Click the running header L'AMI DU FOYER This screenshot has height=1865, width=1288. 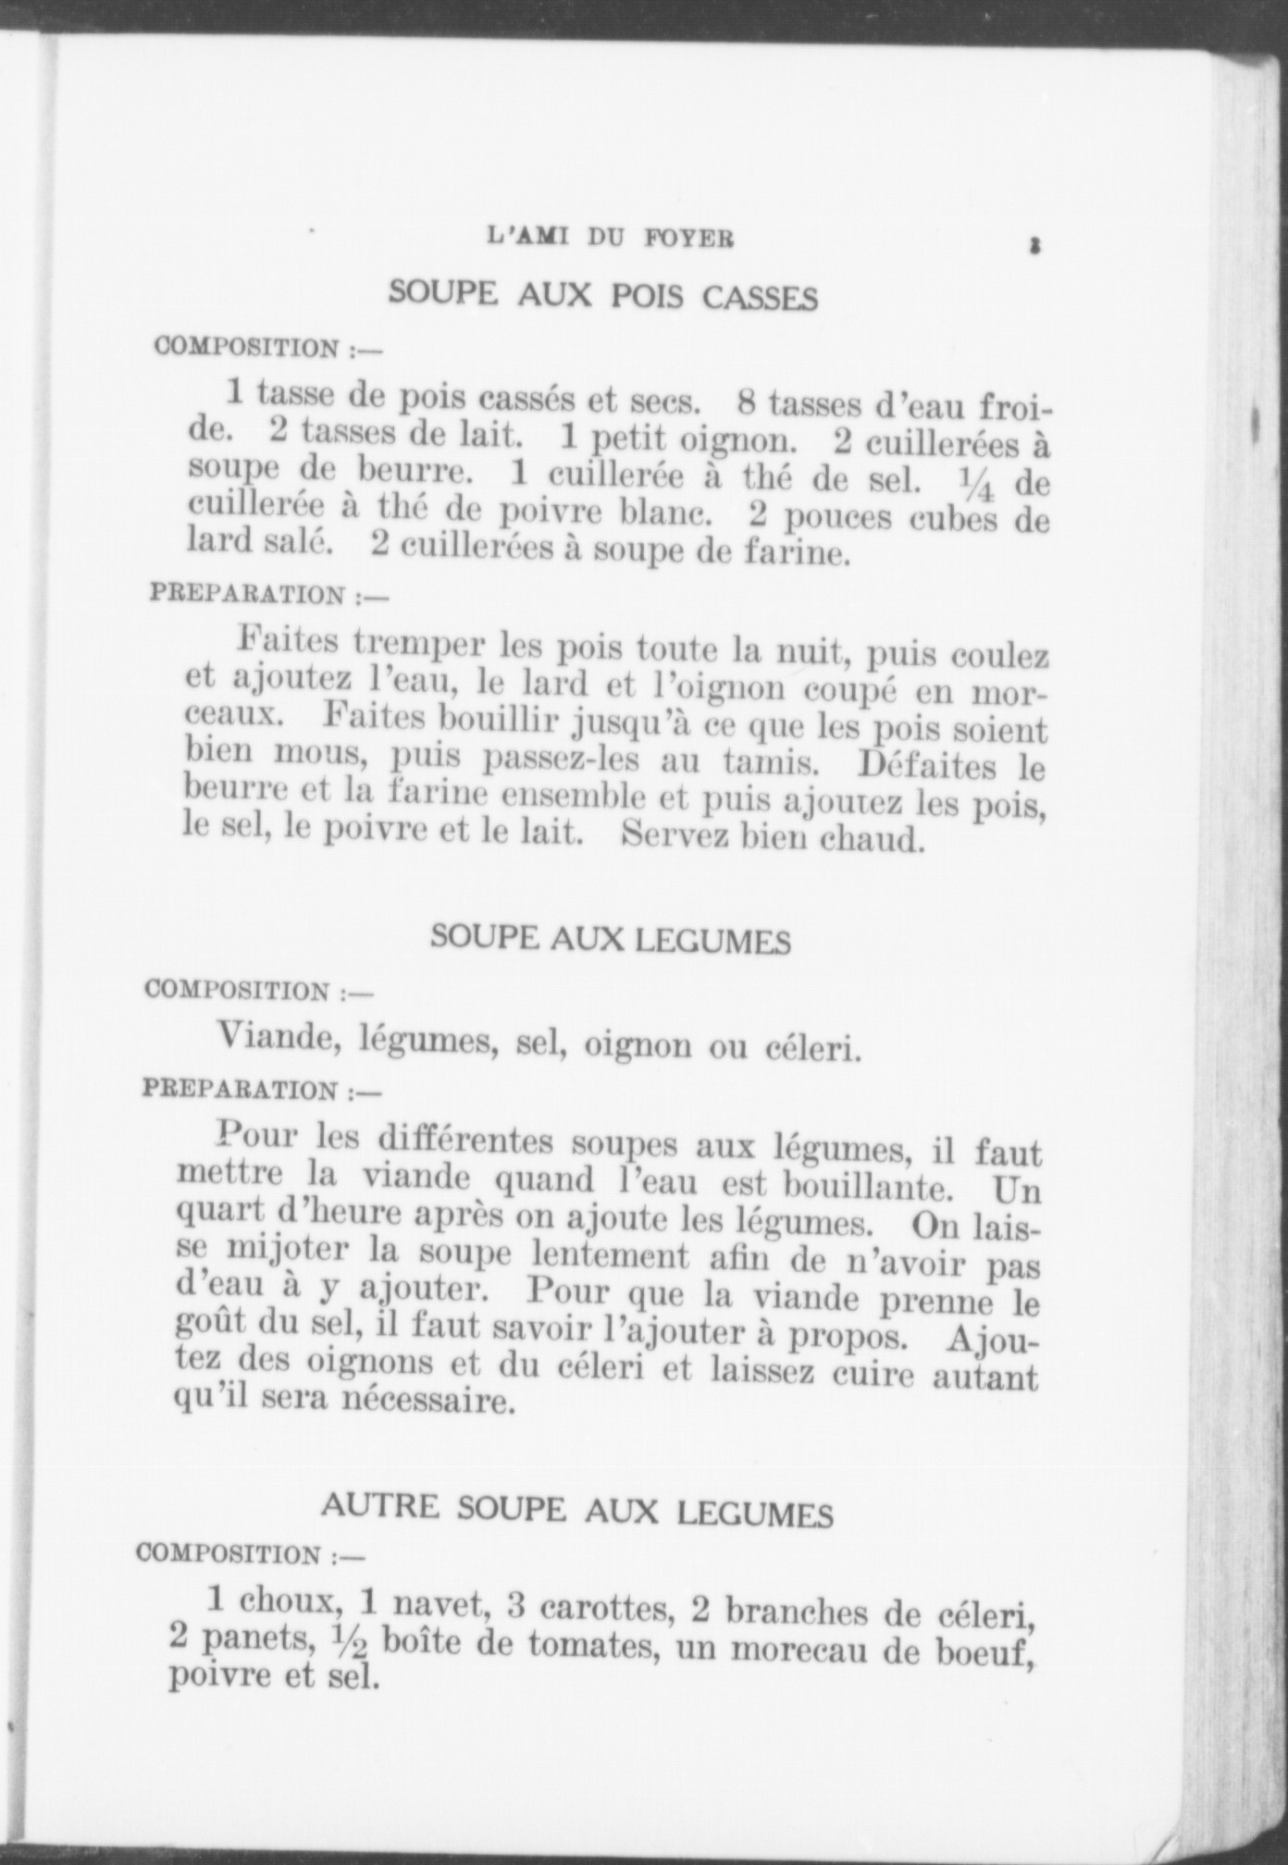610,238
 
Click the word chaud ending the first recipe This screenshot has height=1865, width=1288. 874,840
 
